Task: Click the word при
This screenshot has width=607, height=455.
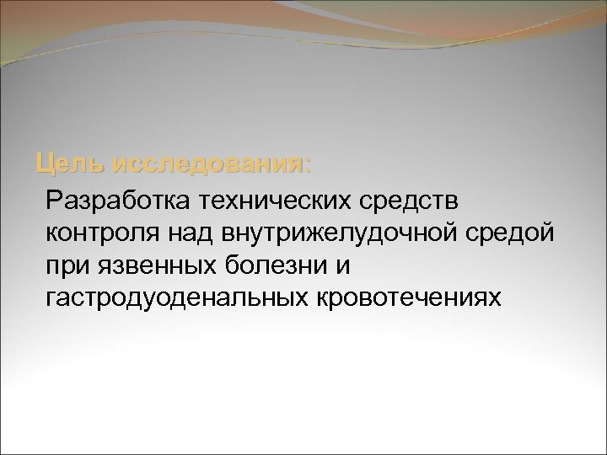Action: pos(67,265)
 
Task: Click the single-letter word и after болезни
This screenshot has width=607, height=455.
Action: pos(341,266)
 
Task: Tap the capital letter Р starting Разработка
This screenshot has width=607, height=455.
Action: pos(56,201)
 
